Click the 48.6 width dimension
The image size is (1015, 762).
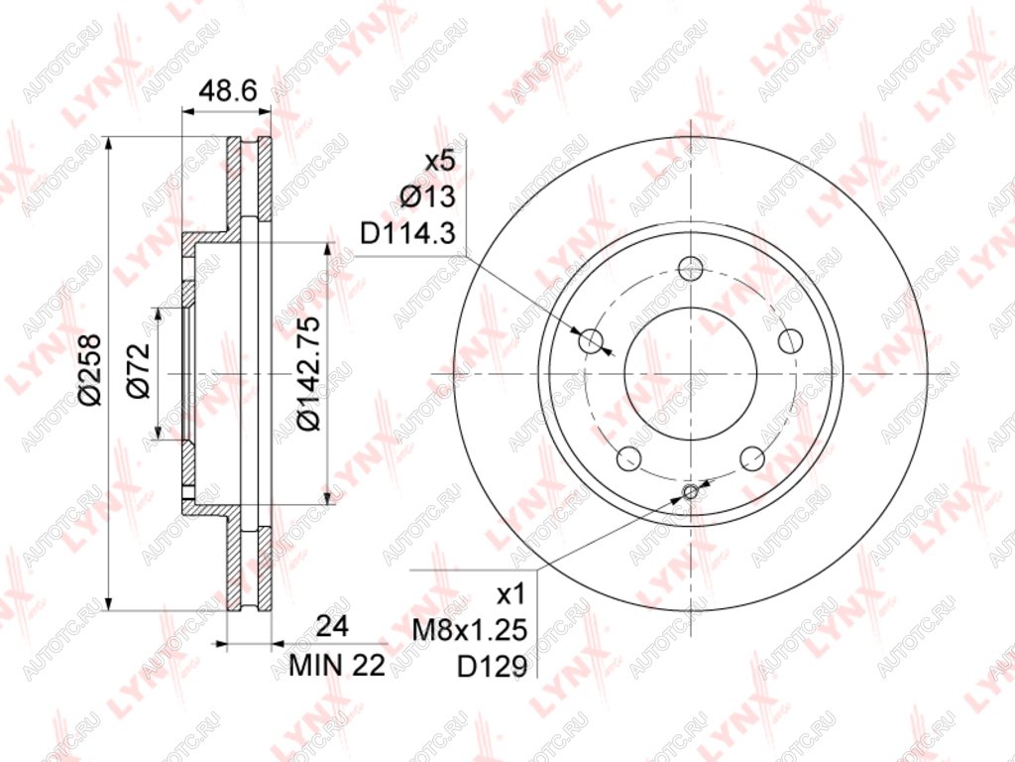coord(228,90)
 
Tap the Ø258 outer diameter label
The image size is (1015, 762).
coord(90,369)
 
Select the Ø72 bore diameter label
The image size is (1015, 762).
coord(138,371)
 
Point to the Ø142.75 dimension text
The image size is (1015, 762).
coord(308,373)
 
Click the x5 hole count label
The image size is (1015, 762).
coord(441,161)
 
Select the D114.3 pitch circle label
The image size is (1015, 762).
coord(408,234)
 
